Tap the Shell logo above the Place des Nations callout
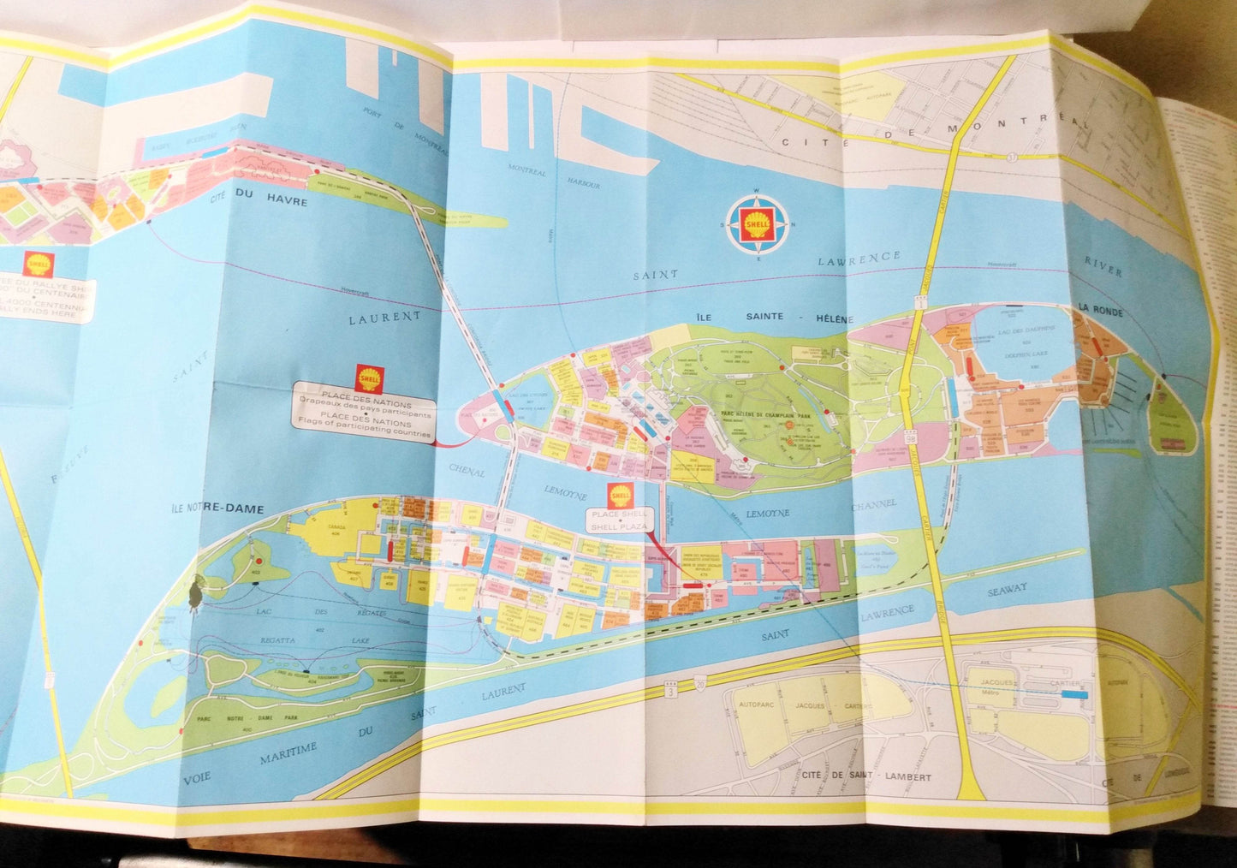coord(370,378)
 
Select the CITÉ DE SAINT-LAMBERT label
coord(867,776)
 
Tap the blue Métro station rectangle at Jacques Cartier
coord(1073,696)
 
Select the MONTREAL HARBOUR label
coord(553,178)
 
